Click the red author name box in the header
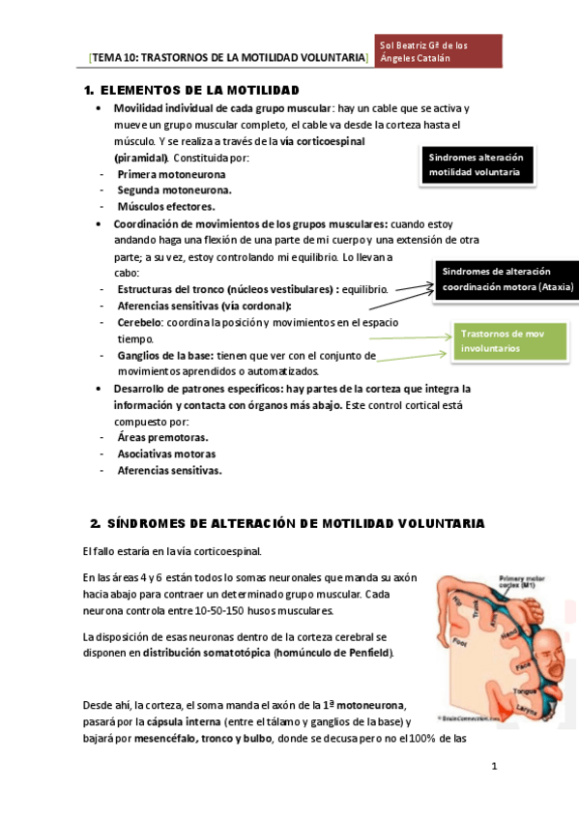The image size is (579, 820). [439, 51]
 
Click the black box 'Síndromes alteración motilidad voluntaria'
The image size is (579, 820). [475, 165]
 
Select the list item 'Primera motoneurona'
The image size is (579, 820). [172, 174]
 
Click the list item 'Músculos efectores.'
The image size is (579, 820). [166, 206]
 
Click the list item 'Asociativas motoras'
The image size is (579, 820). [166, 454]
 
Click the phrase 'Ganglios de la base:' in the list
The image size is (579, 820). [166, 355]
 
